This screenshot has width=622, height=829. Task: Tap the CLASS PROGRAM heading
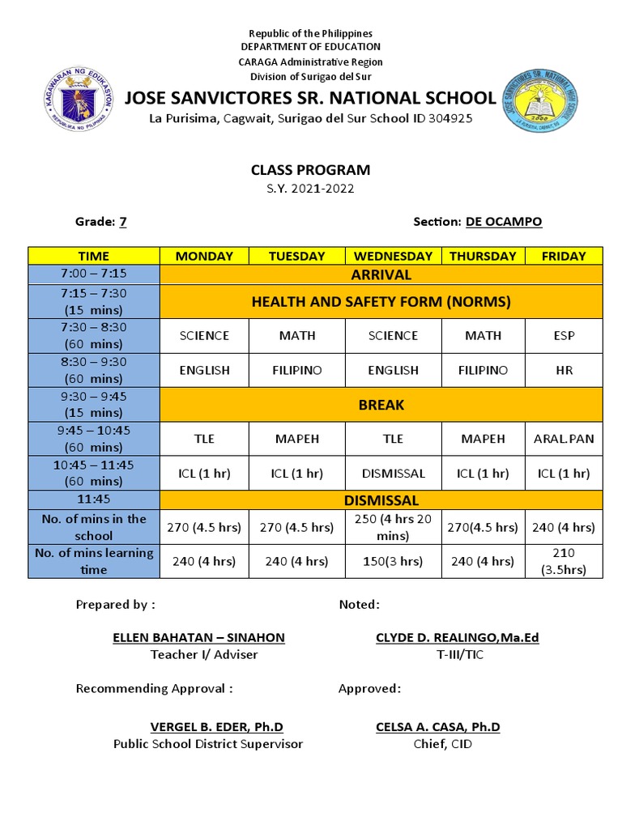click(x=310, y=170)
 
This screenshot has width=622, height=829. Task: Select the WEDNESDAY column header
click(x=393, y=256)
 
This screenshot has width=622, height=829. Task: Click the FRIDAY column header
click(x=563, y=256)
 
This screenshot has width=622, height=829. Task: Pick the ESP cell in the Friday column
click(x=563, y=335)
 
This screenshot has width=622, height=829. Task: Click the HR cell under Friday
click(x=563, y=370)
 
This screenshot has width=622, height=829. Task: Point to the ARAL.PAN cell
click(x=563, y=438)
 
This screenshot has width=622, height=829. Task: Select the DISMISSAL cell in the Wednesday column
click(x=393, y=473)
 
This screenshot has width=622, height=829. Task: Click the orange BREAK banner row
click(x=381, y=405)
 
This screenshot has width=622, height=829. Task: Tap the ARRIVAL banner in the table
click(x=381, y=274)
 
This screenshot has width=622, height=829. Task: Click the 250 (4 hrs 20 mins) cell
click(x=393, y=527)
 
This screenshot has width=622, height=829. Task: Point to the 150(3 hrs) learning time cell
click(x=393, y=561)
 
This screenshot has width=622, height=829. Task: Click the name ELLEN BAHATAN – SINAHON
click(x=198, y=637)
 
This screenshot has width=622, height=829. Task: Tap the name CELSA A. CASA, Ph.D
click(x=437, y=726)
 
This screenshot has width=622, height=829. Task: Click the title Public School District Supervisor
click(x=208, y=744)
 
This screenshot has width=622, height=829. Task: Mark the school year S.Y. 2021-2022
click(x=310, y=189)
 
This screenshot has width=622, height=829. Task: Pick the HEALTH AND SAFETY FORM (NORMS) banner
click(x=381, y=302)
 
